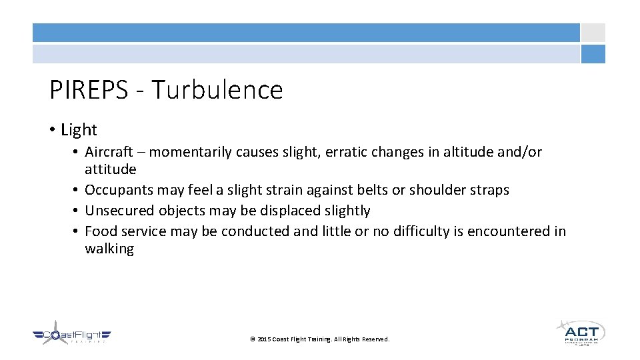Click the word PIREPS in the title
(x=88, y=90)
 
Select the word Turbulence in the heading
(x=217, y=90)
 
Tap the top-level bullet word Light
(x=79, y=130)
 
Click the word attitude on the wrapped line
(x=110, y=169)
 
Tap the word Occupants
(x=119, y=190)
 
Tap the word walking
(x=109, y=249)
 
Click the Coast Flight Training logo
(x=72, y=333)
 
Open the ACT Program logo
(x=580, y=331)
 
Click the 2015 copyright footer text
(x=320, y=339)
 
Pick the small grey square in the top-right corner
(x=593, y=33)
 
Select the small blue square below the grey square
(x=593, y=54)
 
